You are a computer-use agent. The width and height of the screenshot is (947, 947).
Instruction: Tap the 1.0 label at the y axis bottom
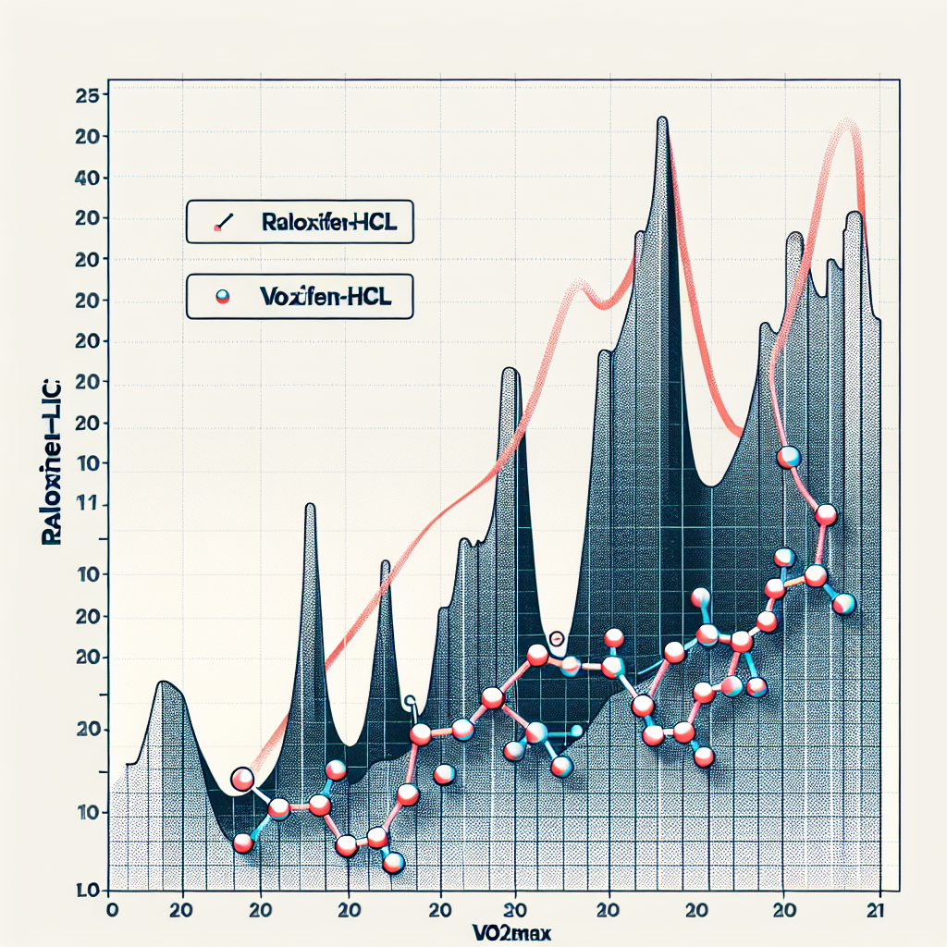coord(89,892)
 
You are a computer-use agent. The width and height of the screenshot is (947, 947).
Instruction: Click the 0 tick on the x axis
coord(113,908)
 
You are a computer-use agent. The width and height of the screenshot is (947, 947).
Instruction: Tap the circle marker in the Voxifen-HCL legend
coord(221,297)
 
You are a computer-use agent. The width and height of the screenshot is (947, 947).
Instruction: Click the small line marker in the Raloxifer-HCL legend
coord(223,223)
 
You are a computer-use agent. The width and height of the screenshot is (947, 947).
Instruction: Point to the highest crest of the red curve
coord(845,122)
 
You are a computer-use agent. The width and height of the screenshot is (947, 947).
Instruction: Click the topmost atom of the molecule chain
coord(788,456)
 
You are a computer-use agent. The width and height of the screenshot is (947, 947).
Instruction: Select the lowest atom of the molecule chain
coord(394,863)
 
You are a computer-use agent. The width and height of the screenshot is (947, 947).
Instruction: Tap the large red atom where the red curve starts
coord(242,780)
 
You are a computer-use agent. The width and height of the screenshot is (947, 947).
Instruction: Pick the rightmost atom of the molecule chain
coord(843,605)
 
